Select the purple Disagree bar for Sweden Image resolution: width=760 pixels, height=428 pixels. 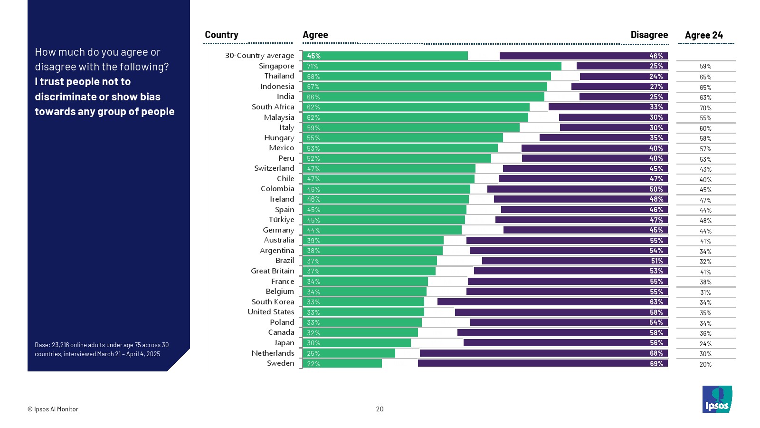coord(543,363)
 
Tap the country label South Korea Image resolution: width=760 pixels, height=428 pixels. coord(273,302)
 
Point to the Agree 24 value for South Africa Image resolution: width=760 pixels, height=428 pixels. coord(705,108)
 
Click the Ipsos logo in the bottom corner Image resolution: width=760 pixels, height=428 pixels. coord(717,399)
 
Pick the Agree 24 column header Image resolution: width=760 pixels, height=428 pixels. coord(703,35)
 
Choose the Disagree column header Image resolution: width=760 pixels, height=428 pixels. coord(649,35)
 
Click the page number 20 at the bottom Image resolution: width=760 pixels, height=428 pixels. coord(380,409)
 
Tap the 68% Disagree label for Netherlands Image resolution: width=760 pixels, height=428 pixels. coord(656,353)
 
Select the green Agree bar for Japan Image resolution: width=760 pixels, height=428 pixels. coord(356,343)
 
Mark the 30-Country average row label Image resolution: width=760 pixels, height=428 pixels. coord(259,56)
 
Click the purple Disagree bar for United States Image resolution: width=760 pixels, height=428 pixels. coord(561,312)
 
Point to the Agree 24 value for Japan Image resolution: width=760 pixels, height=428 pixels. coord(705,344)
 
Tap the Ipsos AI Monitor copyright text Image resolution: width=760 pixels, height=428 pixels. coord(53,409)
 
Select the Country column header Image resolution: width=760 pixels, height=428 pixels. coord(221,35)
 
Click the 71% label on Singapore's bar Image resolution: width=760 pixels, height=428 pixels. coord(313,66)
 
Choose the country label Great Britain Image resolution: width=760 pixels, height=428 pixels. coord(272,271)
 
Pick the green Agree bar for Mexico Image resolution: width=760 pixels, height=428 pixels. coord(400,148)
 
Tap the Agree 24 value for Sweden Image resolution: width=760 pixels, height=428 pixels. coord(705,364)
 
